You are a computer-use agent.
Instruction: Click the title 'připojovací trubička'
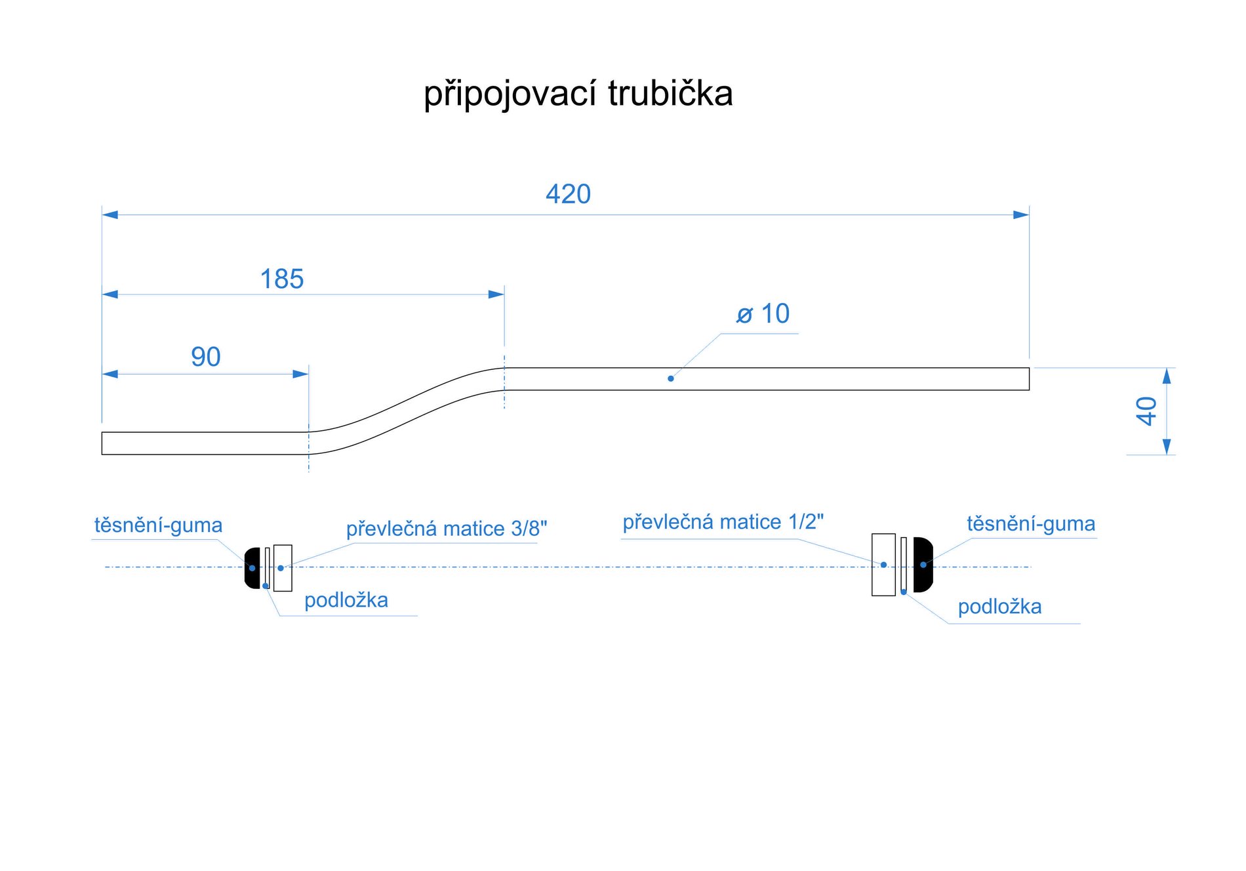578,94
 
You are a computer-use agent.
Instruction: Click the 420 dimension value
568,194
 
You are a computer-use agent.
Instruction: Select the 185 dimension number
282,279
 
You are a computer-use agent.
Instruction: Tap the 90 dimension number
205,357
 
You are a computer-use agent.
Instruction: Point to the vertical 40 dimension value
1146,411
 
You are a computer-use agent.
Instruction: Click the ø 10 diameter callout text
763,314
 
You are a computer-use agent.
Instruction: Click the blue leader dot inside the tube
670,378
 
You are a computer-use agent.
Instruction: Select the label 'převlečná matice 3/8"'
446,529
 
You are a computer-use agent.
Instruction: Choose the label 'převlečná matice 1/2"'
723,522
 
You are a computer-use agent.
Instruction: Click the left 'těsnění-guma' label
158,525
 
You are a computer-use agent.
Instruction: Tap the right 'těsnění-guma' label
1031,524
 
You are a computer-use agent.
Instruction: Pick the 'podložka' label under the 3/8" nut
346,600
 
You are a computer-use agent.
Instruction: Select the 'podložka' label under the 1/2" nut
999,607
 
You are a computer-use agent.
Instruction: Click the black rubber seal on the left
252,568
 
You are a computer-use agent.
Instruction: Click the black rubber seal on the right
923,564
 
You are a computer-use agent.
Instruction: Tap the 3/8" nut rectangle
283,568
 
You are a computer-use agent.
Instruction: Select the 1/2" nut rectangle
883,564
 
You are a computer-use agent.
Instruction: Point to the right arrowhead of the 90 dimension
301,374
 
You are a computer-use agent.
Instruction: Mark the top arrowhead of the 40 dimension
1166,375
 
